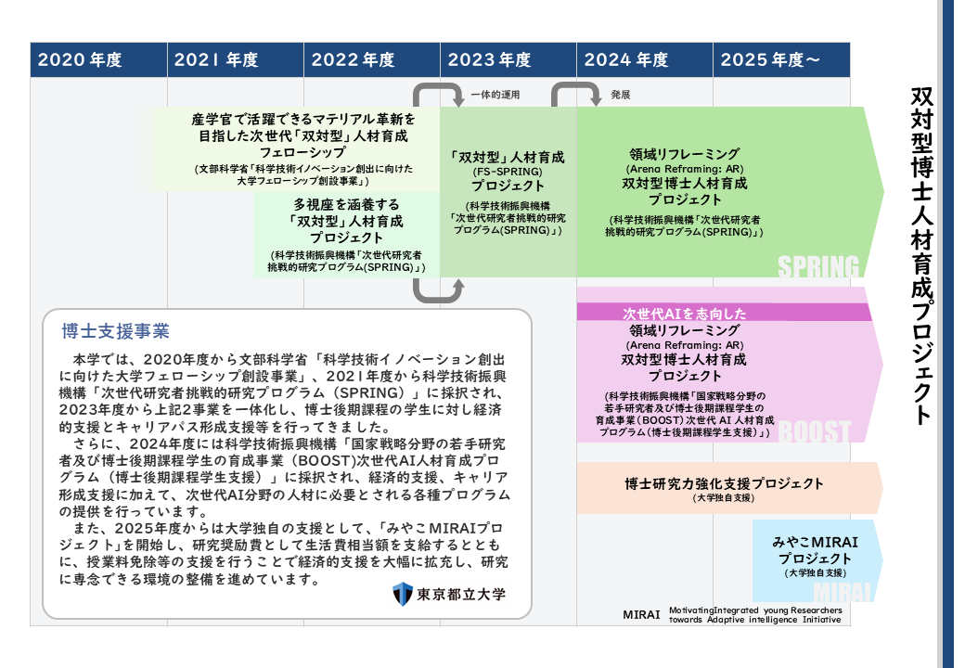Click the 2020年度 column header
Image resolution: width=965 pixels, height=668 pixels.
point(80,60)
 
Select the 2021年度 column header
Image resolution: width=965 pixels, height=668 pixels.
point(216,60)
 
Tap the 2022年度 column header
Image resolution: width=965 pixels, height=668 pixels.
point(354,60)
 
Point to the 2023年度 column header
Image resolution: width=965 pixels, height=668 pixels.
point(490,60)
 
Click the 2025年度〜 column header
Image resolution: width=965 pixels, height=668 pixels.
point(770,60)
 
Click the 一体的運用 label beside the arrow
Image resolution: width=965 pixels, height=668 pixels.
point(495,95)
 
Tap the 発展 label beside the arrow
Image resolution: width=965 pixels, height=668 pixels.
point(621,95)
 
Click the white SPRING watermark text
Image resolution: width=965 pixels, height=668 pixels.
point(818,267)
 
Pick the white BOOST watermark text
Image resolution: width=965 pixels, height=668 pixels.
point(815,431)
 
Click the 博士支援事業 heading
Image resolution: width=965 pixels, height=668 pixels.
point(115,331)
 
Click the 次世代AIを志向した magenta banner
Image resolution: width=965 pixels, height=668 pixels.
point(685,314)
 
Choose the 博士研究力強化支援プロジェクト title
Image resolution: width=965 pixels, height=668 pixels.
point(724,483)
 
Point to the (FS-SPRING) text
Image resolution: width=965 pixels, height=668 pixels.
point(507,172)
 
